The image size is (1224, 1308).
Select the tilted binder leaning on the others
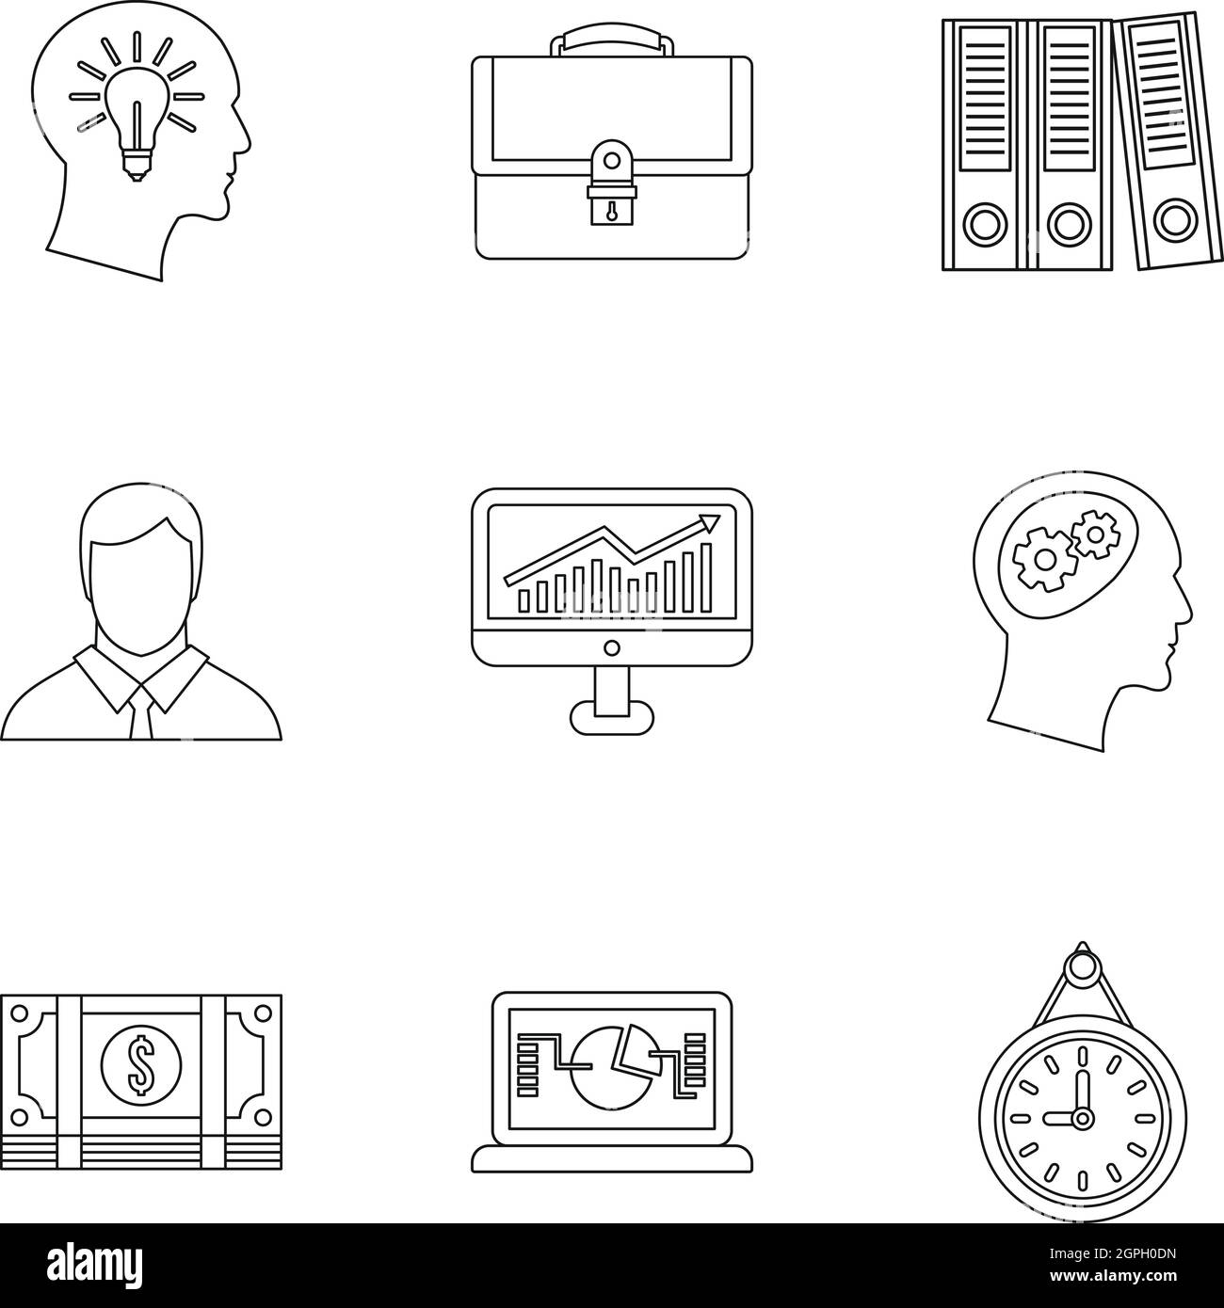pyautogui.click(x=1165, y=141)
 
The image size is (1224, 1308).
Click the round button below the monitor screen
pyautogui.click(x=611, y=646)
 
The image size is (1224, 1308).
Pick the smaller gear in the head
pyautogui.click(x=1092, y=534)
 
